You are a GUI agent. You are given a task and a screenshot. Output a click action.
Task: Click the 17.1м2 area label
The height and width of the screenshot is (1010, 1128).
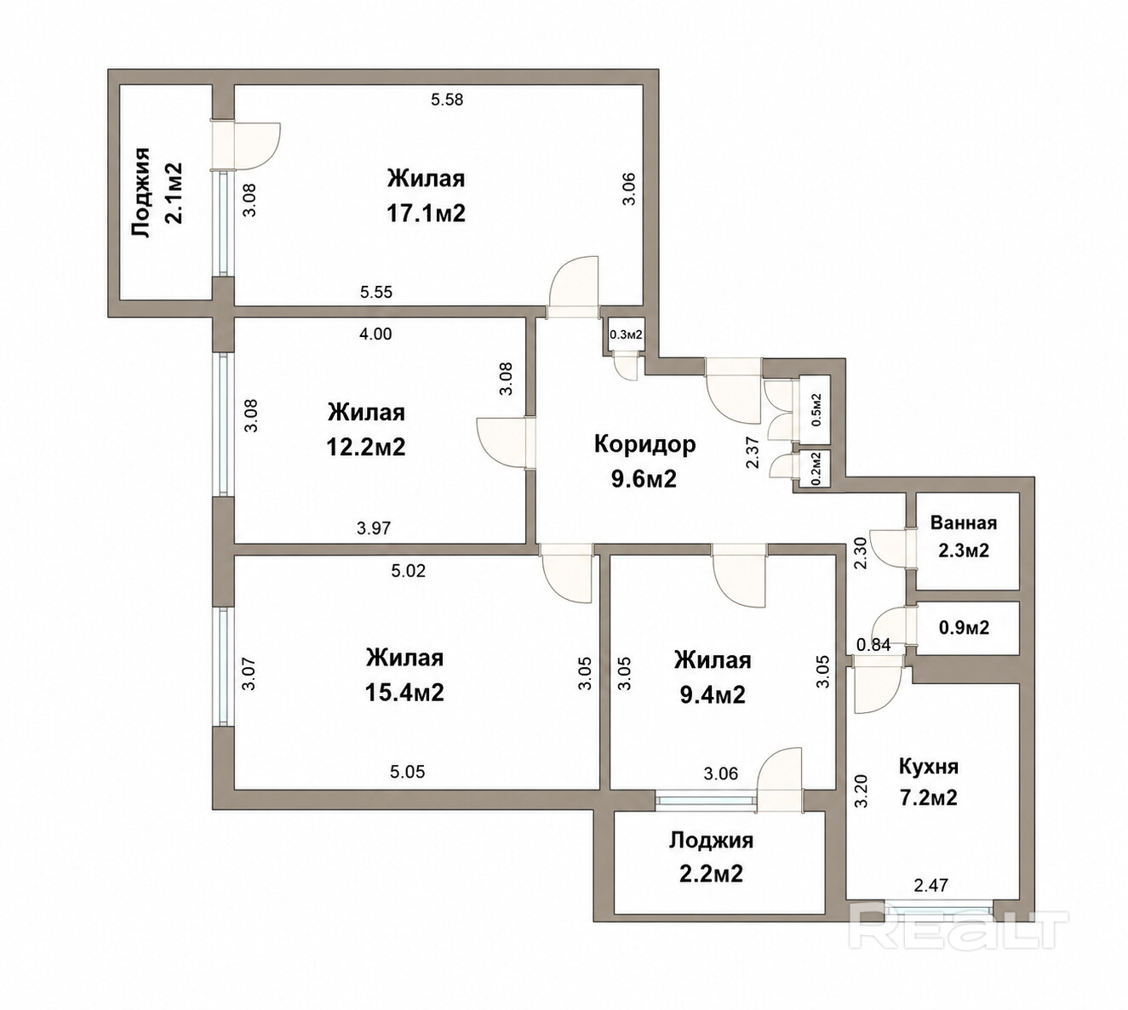(426, 213)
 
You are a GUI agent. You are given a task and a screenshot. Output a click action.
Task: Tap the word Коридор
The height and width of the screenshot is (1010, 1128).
(644, 445)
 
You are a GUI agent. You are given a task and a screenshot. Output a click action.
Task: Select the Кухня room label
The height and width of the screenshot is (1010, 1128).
(928, 767)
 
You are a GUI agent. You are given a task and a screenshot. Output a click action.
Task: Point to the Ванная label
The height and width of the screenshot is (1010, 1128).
(964, 523)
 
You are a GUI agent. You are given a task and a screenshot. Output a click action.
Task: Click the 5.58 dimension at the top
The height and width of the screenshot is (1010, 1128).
(447, 100)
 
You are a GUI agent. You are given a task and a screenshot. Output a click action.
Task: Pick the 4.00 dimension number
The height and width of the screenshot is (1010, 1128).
(375, 334)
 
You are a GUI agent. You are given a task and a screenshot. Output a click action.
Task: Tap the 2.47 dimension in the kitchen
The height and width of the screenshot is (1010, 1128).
(930, 885)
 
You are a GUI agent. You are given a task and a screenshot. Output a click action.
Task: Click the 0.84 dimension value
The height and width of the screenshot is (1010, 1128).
(873, 646)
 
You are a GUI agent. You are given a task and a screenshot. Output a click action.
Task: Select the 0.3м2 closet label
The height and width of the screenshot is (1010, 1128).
(626, 335)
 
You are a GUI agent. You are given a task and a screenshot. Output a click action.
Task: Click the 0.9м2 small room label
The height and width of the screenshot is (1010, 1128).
(965, 628)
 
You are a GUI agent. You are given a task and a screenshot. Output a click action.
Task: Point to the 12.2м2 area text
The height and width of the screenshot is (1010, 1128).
(365, 447)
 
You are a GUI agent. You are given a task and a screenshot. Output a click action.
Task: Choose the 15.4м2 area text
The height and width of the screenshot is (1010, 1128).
(404, 693)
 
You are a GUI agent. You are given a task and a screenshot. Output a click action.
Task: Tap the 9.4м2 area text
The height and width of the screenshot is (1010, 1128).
(713, 694)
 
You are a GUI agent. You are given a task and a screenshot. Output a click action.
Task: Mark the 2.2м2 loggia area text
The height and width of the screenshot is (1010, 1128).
(711, 874)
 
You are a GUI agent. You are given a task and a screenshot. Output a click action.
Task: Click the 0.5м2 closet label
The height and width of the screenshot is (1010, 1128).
(816, 409)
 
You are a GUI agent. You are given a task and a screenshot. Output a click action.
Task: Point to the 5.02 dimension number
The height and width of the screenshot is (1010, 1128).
(408, 571)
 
